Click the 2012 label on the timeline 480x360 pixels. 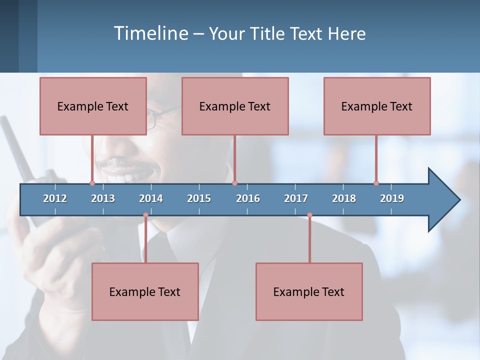(55, 198)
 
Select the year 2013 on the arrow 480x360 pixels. (103, 198)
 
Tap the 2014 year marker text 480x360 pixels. (151, 198)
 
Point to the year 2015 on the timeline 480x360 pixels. (199, 198)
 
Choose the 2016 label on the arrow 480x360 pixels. (248, 198)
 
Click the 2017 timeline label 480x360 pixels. (296, 198)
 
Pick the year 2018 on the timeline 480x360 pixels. (344, 198)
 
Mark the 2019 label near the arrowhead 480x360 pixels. (392, 198)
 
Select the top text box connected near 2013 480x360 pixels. (93, 106)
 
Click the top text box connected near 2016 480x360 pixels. (235, 106)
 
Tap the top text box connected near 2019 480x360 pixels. (377, 106)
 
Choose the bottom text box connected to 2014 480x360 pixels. (145, 291)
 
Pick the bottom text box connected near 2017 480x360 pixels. (309, 291)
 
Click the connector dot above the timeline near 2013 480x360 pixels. (92, 183)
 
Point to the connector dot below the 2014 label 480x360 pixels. (145, 215)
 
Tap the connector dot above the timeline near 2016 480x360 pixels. (234, 183)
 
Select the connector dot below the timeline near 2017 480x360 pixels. (309, 215)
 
